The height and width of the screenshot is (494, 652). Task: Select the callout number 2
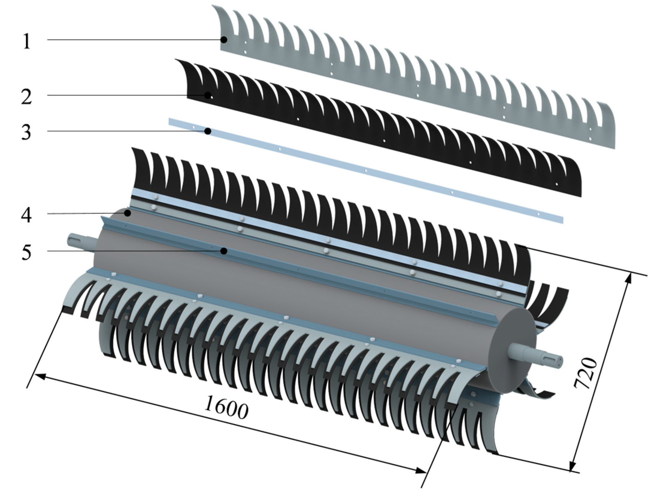click(26, 96)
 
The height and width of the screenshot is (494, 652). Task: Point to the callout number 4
click(26, 214)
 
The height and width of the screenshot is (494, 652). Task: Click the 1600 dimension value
click(227, 407)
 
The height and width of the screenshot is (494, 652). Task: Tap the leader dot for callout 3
click(209, 131)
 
